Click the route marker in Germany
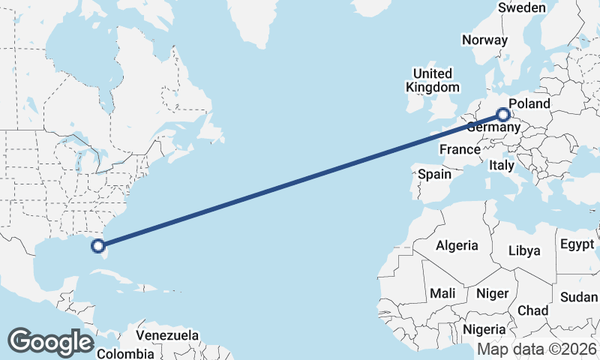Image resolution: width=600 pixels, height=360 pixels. tap(502, 115)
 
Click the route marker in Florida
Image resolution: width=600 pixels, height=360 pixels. tap(97, 244)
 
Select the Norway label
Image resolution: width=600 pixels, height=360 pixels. tap(484, 40)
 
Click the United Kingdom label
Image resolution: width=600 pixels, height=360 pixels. tap(432, 80)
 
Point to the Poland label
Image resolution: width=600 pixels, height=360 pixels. tap(529, 103)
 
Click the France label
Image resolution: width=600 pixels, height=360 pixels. tap(460, 149)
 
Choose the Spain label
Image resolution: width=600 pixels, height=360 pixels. tap(435, 174)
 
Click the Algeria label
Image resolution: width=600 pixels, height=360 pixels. tap(457, 245)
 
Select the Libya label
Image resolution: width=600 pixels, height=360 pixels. tap(524, 250)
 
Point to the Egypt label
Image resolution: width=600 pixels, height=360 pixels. tap(577, 245)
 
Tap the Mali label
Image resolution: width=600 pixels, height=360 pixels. tap(443, 293)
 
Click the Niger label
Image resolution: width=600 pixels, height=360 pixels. tap(493, 293)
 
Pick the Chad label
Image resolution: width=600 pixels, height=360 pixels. tap(532, 310)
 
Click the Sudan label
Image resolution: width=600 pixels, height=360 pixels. tap(578, 297)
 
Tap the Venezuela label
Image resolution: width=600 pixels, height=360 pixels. tap(166, 334)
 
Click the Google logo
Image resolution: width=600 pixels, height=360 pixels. tap(50, 342)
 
